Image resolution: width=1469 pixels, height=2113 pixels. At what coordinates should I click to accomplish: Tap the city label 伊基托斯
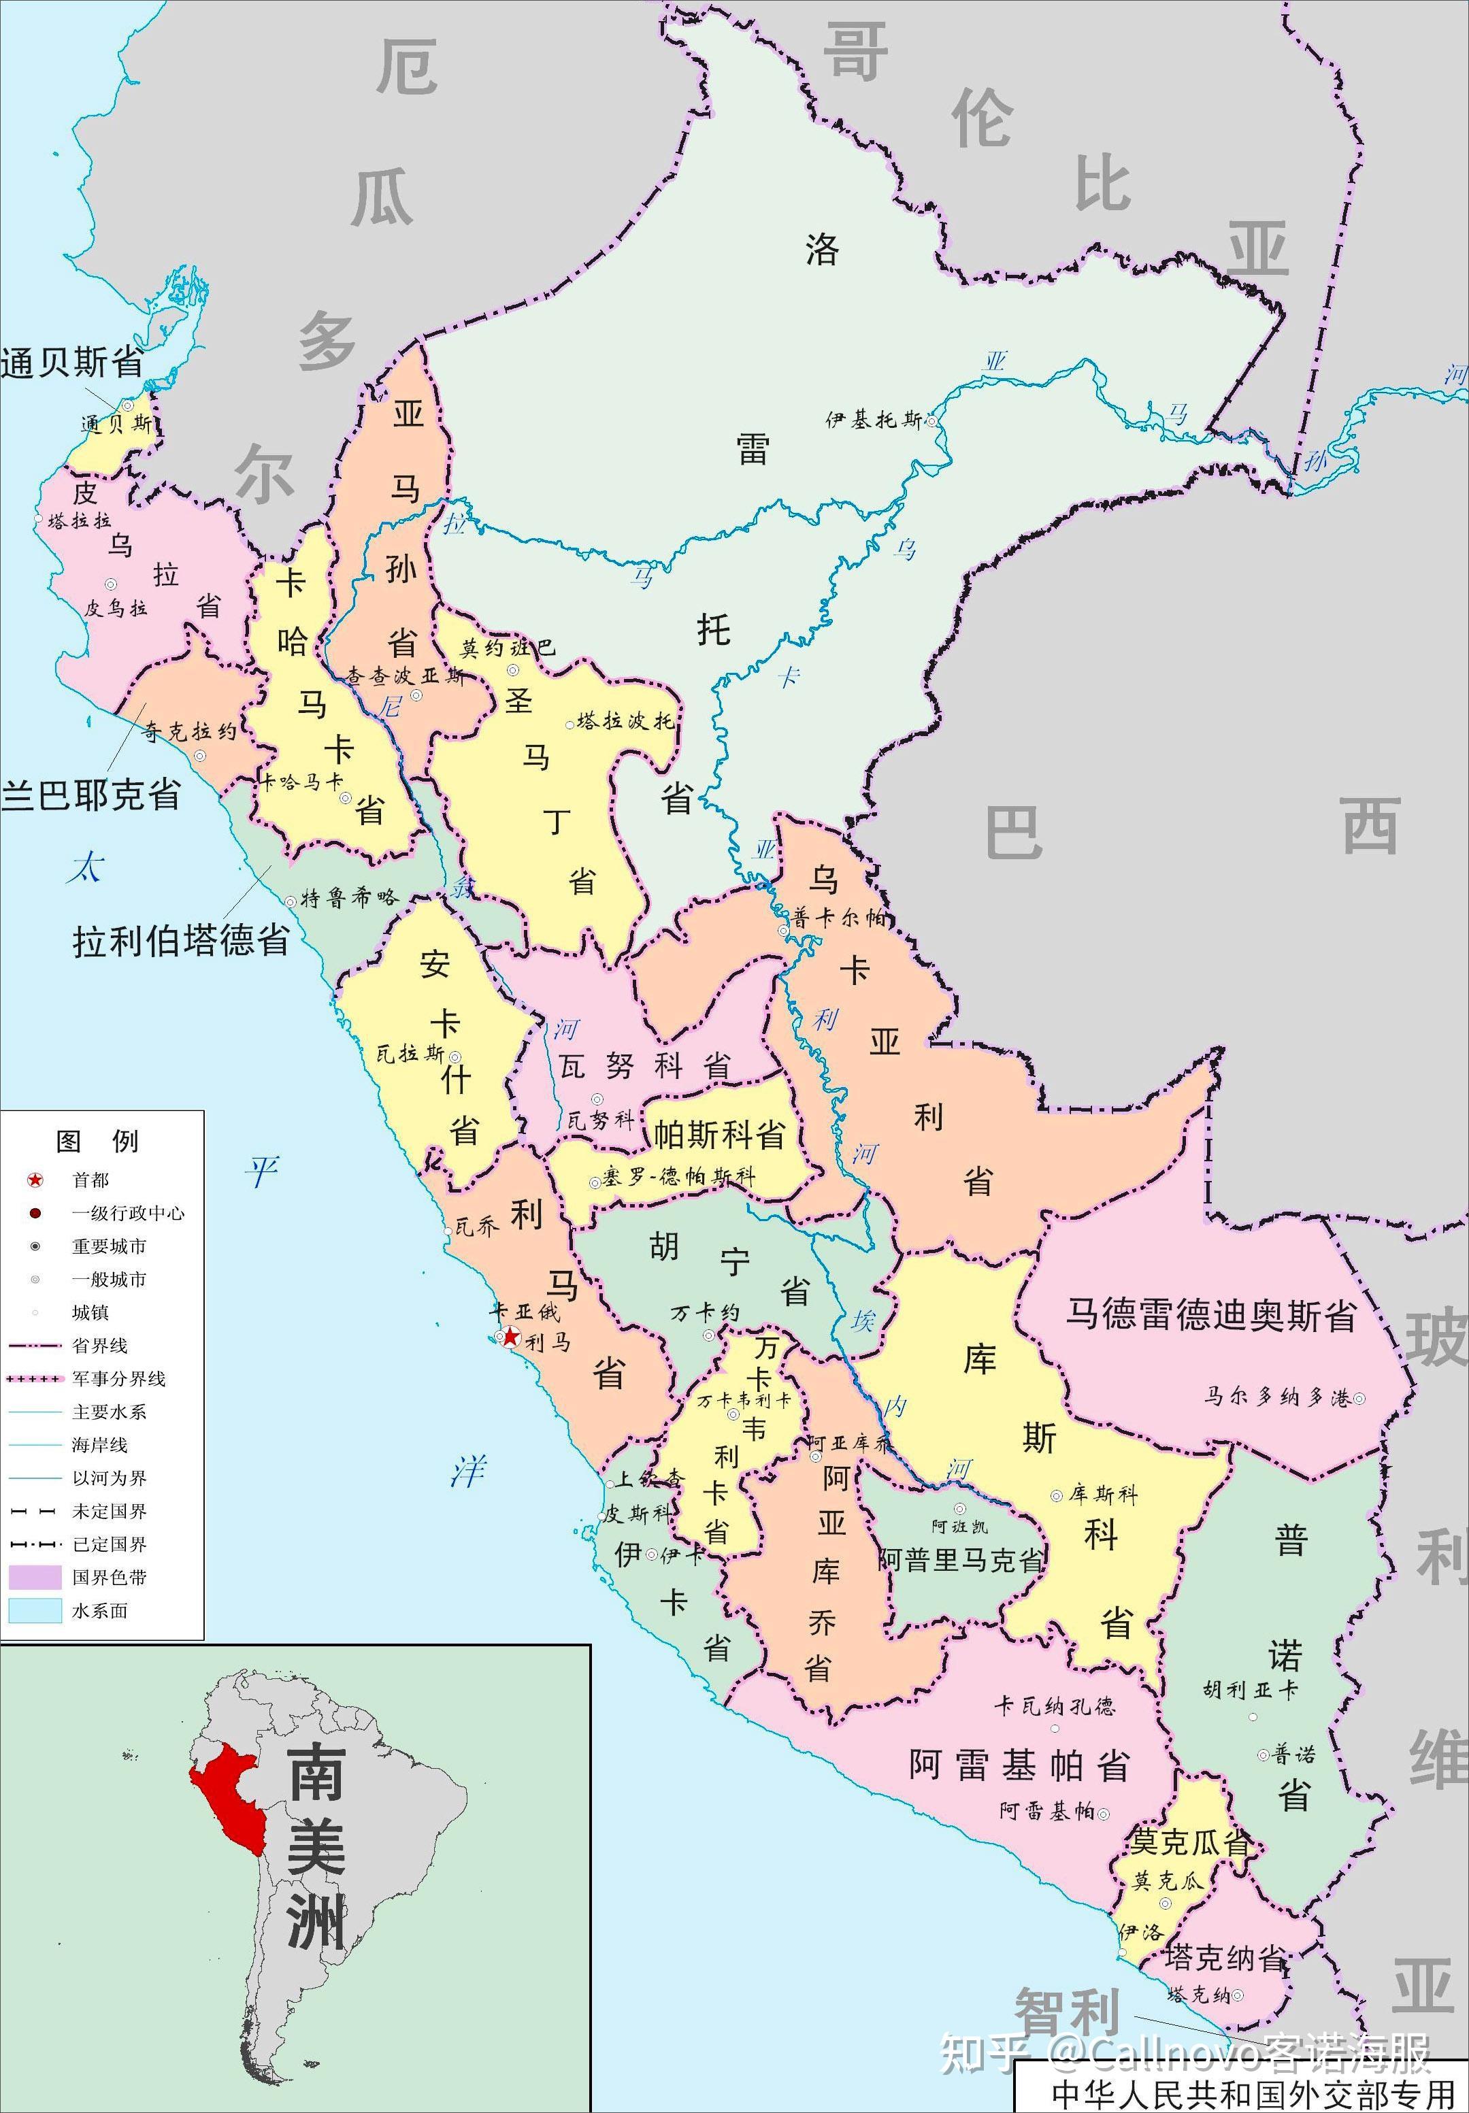(x=874, y=420)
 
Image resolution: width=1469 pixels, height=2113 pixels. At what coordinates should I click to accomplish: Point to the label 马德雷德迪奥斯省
(x=1210, y=1315)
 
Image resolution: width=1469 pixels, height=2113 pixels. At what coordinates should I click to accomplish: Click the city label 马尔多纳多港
(x=1278, y=1397)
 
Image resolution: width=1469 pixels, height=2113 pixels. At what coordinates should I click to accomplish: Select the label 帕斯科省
(x=719, y=1135)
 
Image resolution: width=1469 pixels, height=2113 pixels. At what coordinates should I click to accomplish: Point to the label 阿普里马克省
(x=962, y=1559)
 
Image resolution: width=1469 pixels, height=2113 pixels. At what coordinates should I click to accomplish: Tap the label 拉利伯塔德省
(x=181, y=942)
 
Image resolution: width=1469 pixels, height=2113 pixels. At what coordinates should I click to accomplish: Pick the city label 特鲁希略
(x=350, y=898)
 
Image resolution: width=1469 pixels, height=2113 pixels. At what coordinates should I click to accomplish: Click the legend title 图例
(x=97, y=1141)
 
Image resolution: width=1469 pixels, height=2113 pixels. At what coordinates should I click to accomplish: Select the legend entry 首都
(x=90, y=1180)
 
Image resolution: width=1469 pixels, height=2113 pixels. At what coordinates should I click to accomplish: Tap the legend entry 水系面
(x=99, y=1610)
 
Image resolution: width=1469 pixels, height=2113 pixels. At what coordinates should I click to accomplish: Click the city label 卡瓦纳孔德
(x=1054, y=1706)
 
